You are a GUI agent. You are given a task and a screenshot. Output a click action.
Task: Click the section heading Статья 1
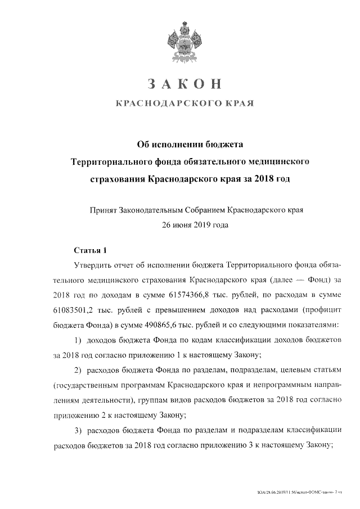[x=89, y=249]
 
